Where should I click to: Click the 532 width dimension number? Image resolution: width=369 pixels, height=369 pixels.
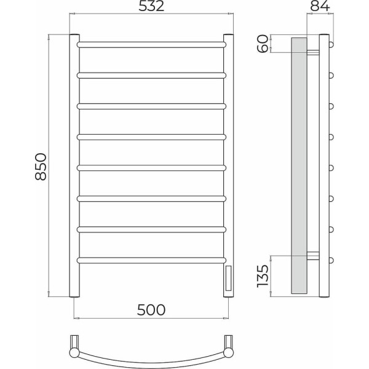click(x=151, y=6)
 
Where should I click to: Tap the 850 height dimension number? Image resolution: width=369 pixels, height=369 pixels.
click(x=41, y=167)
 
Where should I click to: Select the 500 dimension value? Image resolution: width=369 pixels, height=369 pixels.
click(x=151, y=310)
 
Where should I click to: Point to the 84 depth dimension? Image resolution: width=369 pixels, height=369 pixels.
click(x=320, y=6)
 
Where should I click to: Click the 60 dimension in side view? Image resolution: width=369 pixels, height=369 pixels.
click(x=263, y=44)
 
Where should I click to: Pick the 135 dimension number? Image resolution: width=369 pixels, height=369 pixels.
click(x=263, y=276)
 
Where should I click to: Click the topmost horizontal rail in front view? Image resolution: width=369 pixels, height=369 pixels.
click(x=151, y=44)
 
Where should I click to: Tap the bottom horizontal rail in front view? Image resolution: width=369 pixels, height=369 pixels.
click(x=151, y=260)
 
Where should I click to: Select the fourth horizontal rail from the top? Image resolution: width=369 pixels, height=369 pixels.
click(x=151, y=137)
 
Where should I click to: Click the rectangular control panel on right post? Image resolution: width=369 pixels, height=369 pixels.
click(x=228, y=278)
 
